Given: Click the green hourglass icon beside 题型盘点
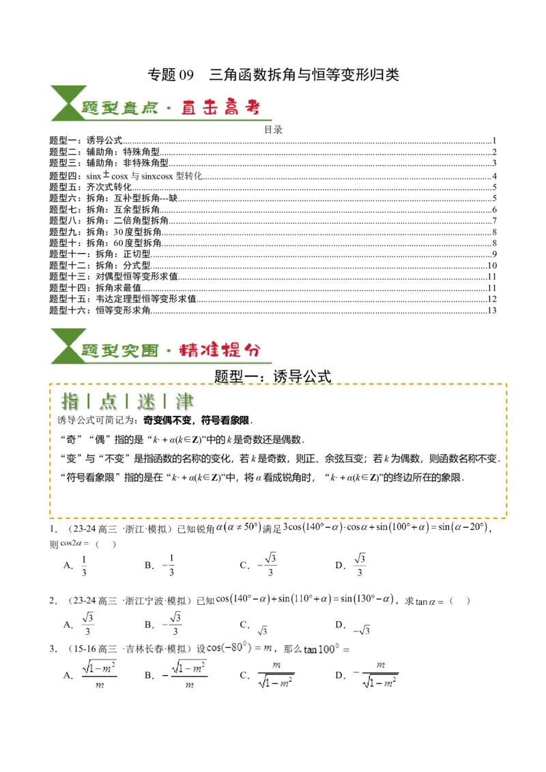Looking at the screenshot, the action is [66, 104].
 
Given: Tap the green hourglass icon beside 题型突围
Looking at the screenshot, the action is [66, 346].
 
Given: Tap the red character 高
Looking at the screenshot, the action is [231, 108].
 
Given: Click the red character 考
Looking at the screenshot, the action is [251, 108].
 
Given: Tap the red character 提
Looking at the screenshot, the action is [231, 351].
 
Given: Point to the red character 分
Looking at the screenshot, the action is [251, 351].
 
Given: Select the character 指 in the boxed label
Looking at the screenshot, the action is [70, 402].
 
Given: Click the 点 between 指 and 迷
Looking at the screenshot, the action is [108, 402].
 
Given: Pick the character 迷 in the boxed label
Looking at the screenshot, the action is [146, 402].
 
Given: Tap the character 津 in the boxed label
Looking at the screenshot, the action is [184, 402].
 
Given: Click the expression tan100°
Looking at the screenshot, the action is [318, 649].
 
